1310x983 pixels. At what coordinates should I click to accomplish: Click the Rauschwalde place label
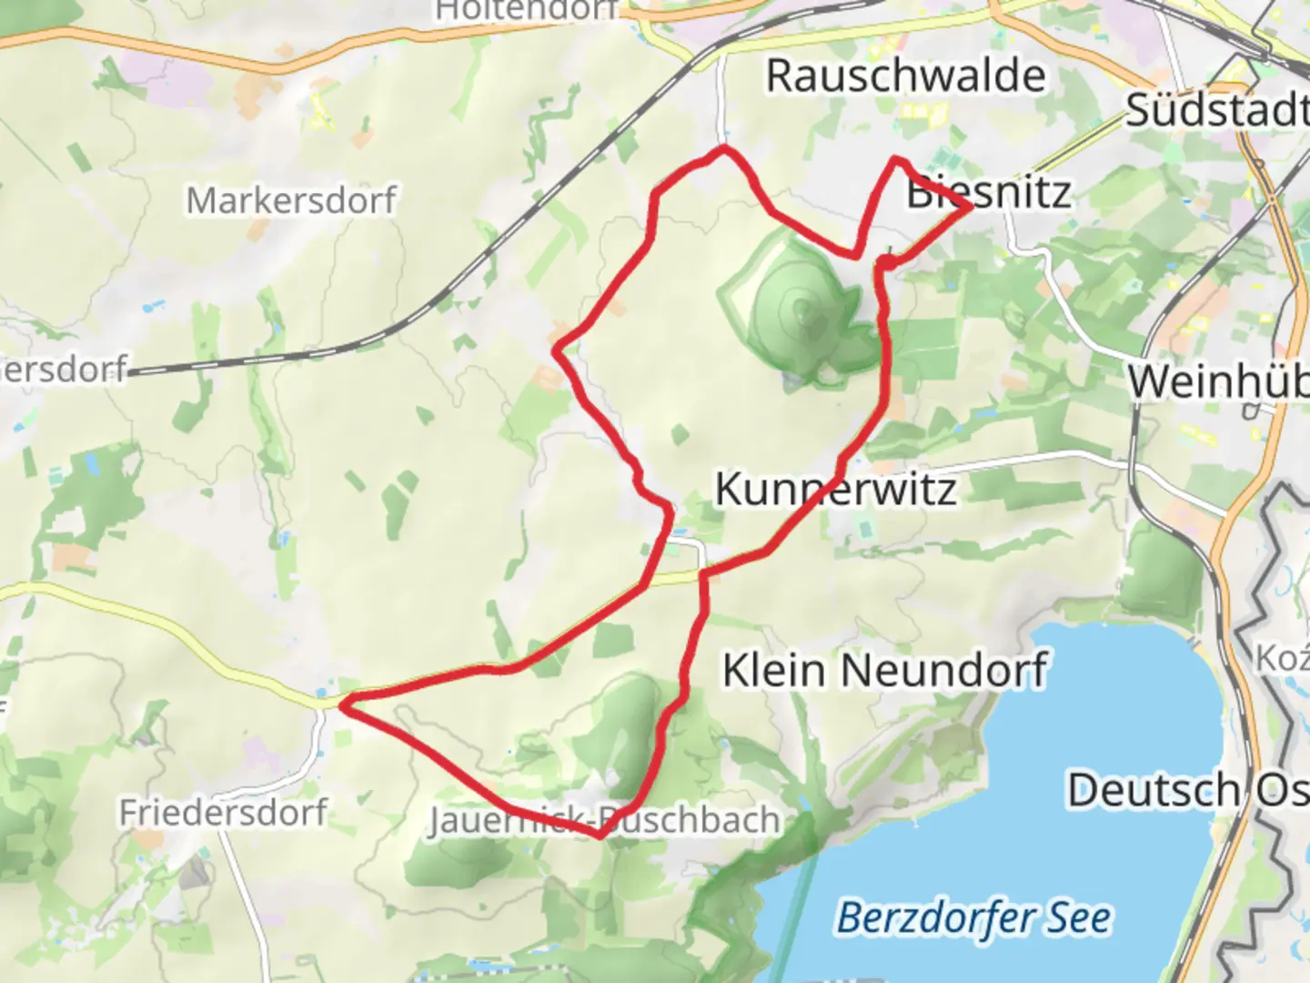click(905, 76)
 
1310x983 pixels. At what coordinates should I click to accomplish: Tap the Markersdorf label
click(291, 200)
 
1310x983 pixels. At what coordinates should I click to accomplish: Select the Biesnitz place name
click(988, 193)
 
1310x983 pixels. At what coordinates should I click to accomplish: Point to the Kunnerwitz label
click(835, 489)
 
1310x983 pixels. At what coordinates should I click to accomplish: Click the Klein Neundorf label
click(885, 671)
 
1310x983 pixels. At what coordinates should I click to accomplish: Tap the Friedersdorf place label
click(223, 811)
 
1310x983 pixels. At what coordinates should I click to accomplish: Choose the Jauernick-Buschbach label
click(604, 820)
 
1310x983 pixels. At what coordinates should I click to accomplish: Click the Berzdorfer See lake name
click(973, 917)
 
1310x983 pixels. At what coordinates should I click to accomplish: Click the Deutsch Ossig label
click(1187, 790)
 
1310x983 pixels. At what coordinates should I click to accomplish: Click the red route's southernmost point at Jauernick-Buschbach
click(599, 835)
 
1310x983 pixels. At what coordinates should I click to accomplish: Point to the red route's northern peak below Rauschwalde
click(724, 147)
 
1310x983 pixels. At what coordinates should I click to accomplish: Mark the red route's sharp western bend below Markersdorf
click(557, 349)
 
